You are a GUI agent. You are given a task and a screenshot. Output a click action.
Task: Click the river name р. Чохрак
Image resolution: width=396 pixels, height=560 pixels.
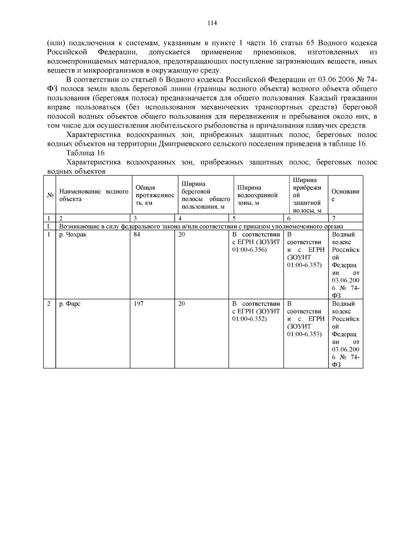pos(73,235)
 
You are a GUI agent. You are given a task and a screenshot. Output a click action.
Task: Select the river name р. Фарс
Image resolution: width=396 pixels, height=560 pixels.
pos(70,304)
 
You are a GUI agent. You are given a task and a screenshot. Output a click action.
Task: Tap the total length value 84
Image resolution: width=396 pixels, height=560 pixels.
pos(137,235)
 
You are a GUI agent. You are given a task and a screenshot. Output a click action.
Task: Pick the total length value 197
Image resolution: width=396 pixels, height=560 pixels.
pos(139,304)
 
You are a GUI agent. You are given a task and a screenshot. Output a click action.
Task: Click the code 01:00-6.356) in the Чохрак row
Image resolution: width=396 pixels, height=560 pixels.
pos(249,250)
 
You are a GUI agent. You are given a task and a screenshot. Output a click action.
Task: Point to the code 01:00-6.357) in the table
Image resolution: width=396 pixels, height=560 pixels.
pos(304,265)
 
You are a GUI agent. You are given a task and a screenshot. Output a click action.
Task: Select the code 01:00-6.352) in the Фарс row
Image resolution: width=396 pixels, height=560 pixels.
pos(249,319)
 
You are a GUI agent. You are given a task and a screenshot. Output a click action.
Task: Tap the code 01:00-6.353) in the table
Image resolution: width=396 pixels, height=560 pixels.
pos(304,334)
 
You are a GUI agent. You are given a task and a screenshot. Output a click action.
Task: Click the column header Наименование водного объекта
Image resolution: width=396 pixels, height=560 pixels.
pos(93,195)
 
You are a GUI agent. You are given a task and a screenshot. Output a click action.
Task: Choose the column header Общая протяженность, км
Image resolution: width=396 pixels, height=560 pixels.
pos(154,195)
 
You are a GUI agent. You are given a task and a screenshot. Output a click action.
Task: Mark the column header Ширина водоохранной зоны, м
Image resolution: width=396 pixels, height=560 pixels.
pos(257,195)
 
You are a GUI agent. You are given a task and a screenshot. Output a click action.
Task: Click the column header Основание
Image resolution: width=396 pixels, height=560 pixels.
pos(345,195)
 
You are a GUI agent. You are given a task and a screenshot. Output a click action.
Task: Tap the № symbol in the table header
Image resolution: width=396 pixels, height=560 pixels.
pos(50,195)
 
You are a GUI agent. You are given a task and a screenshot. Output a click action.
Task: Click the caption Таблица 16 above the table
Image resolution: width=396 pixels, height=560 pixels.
pos(85,153)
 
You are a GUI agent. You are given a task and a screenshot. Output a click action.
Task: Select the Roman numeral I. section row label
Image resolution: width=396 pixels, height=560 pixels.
pos(49,226)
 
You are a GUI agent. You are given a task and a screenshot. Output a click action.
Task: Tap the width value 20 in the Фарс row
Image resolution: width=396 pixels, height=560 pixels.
pos(181,304)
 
